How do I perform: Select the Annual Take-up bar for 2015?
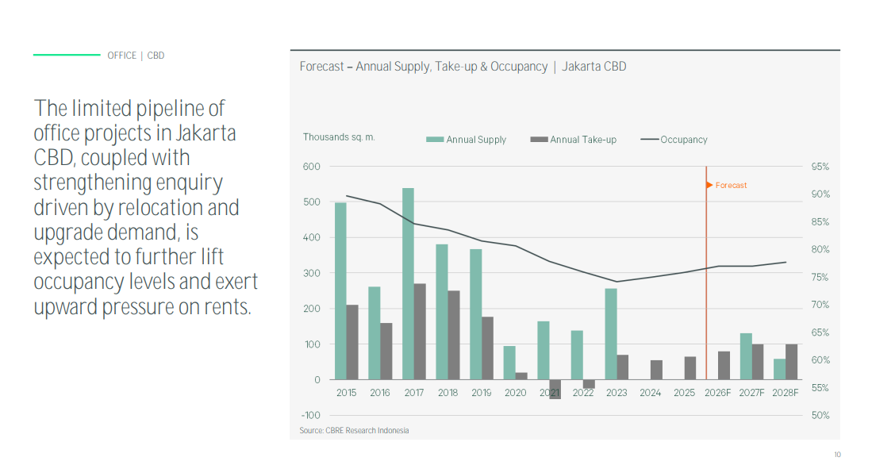(x=352, y=342)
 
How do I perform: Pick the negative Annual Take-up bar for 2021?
(x=555, y=389)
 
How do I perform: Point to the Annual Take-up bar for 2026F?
(x=724, y=365)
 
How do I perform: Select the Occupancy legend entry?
(x=674, y=140)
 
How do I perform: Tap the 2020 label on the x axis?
(x=515, y=393)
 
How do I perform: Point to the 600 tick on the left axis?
(x=312, y=167)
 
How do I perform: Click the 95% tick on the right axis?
(x=820, y=167)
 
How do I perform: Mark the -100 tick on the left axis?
(x=311, y=415)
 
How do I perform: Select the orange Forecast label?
(x=730, y=186)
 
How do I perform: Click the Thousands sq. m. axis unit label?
(x=339, y=137)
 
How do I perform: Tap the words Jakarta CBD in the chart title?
(x=594, y=67)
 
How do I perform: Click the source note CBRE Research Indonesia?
(x=354, y=431)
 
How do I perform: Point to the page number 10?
(x=837, y=455)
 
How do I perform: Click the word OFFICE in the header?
(x=122, y=56)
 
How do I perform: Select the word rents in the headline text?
(x=224, y=307)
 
